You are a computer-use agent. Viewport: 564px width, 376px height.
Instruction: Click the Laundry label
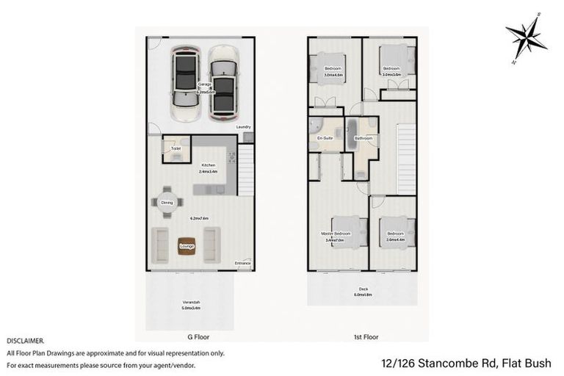tap(242, 128)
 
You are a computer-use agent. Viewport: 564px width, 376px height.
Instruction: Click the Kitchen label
tap(209, 165)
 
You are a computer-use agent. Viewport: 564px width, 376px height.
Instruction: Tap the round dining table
tap(167, 203)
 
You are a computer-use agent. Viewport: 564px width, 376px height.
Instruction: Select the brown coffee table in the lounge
tap(187, 245)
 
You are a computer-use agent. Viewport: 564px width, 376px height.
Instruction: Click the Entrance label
tap(242, 263)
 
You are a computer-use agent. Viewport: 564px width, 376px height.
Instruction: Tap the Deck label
tap(363, 289)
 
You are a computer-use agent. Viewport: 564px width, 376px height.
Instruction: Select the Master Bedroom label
tap(336, 234)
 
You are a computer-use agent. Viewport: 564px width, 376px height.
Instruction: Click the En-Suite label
tap(325, 137)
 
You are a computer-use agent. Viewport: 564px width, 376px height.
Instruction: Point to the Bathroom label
tap(364, 137)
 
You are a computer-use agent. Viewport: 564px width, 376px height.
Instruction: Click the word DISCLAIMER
tap(25, 341)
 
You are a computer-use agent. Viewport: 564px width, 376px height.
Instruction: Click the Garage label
tap(204, 84)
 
